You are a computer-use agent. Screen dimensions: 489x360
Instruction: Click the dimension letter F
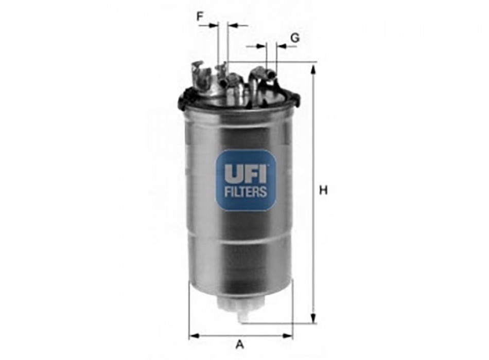pos(200,16)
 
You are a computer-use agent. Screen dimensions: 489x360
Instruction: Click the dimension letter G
pos(295,38)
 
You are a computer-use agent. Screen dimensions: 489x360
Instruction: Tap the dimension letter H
pos(323,190)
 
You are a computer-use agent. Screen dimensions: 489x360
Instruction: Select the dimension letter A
pos(239,345)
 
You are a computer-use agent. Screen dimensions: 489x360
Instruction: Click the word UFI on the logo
pos(246,174)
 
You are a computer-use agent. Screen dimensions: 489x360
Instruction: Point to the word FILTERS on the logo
pos(246,192)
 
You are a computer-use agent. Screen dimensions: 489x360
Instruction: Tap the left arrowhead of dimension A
pos(194,336)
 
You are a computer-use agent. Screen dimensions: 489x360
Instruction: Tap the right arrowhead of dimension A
pos(288,336)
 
